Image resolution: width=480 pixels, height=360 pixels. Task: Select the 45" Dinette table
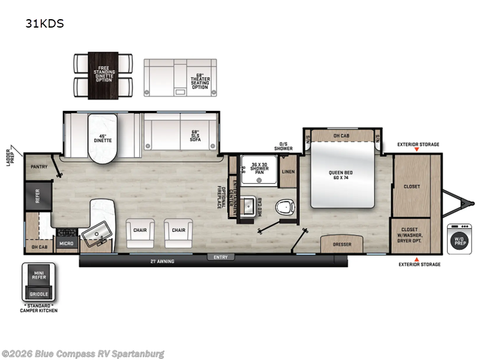click(104, 139)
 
